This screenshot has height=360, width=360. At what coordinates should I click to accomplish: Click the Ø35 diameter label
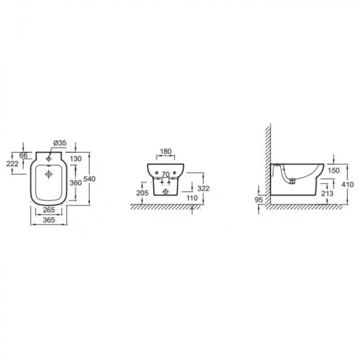[60, 143]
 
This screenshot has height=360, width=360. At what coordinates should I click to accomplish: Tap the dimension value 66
[23, 156]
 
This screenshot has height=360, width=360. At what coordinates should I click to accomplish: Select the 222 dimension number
[12, 164]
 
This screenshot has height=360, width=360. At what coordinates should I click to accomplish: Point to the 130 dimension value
[76, 159]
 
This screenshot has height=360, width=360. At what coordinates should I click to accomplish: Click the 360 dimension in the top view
[76, 183]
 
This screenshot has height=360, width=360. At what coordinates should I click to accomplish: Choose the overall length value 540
[89, 179]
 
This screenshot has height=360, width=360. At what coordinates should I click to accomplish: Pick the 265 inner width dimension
[49, 210]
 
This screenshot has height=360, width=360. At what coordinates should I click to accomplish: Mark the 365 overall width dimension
[49, 220]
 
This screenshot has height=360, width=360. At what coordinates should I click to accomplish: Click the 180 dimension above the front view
[166, 152]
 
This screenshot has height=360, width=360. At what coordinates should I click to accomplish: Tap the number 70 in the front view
[166, 175]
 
